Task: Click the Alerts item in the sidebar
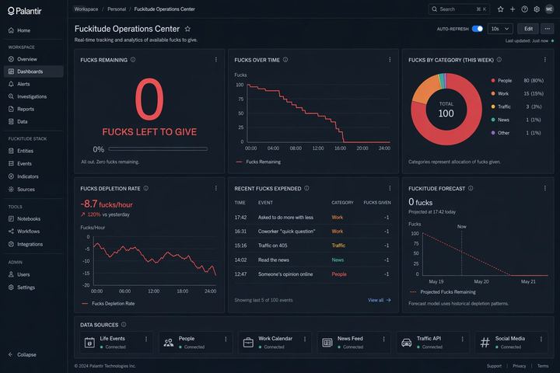pyautogui.click(x=23, y=84)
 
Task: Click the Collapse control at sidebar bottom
pyautogui.click(x=26, y=354)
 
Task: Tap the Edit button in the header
pyautogui.click(x=528, y=29)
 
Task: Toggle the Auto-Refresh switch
pyautogui.click(x=477, y=29)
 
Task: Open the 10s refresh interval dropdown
pyautogui.click(x=499, y=29)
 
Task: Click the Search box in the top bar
pyautogui.click(x=459, y=9)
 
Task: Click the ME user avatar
pyautogui.click(x=549, y=9)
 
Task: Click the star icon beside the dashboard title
pyautogui.click(x=187, y=29)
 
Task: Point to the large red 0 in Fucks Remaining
pyautogui.click(x=149, y=100)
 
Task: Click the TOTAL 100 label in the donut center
pyautogui.click(x=446, y=109)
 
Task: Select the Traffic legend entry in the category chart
pyautogui.click(x=503, y=106)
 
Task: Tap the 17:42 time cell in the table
pyautogui.click(x=240, y=218)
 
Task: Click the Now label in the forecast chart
pyautogui.click(x=461, y=226)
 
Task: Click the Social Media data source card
pyautogui.click(x=509, y=342)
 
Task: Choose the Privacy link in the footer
pyautogui.click(x=519, y=365)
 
